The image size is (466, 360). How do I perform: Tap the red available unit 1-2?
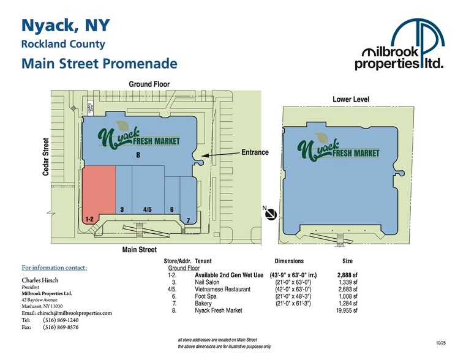[99, 191]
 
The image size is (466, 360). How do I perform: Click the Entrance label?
[255, 152]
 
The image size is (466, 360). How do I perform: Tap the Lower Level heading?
[350, 99]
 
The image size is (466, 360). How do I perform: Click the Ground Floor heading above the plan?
[149, 84]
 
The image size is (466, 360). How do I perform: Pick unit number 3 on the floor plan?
[122, 209]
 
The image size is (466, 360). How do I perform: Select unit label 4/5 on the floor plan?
[148, 209]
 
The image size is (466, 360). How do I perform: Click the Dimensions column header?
[289, 261]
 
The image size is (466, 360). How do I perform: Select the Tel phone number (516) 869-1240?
[60, 320]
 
